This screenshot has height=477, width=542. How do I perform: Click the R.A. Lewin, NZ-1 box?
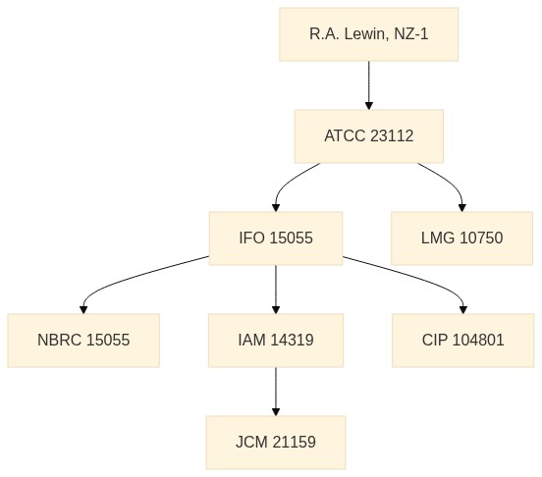point(369,34)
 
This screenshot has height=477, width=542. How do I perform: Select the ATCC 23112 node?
point(369,136)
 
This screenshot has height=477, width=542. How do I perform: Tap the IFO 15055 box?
point(276,238)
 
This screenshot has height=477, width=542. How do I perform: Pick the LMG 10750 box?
point(461,238)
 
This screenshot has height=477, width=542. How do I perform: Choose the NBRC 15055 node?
point(83,341)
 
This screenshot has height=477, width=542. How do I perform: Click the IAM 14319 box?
point(276,341)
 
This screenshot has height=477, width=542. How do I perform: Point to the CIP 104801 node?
point(463,341)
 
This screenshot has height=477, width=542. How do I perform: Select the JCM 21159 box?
point(276,443)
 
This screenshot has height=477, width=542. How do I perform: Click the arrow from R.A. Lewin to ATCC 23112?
point(369,85)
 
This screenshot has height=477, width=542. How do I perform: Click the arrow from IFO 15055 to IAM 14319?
point(276,290)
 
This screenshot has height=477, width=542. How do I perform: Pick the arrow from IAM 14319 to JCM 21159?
point(276,392)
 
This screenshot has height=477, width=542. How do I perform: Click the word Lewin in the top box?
point(364,34)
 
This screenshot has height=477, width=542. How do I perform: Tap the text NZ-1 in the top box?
point(411,34)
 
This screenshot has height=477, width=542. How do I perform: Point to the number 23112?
point(392,135)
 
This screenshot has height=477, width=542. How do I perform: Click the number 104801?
point(478,340)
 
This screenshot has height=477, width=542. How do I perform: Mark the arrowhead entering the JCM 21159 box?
point(276,412)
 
